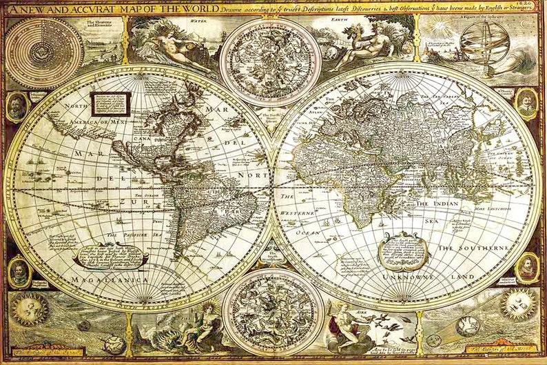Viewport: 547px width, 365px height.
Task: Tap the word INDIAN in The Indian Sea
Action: click(448, 204)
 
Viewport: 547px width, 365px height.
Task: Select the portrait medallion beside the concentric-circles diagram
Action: click(17, 105)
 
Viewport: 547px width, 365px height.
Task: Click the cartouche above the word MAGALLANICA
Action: click(110, 256)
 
